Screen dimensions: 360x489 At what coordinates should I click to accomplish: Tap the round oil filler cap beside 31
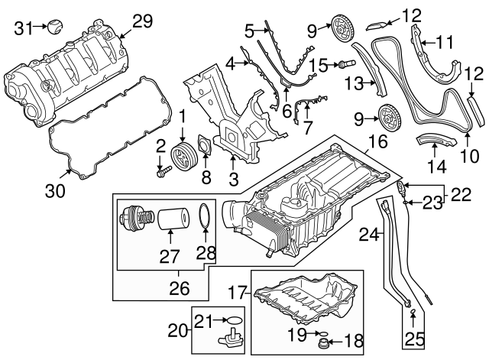53,28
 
